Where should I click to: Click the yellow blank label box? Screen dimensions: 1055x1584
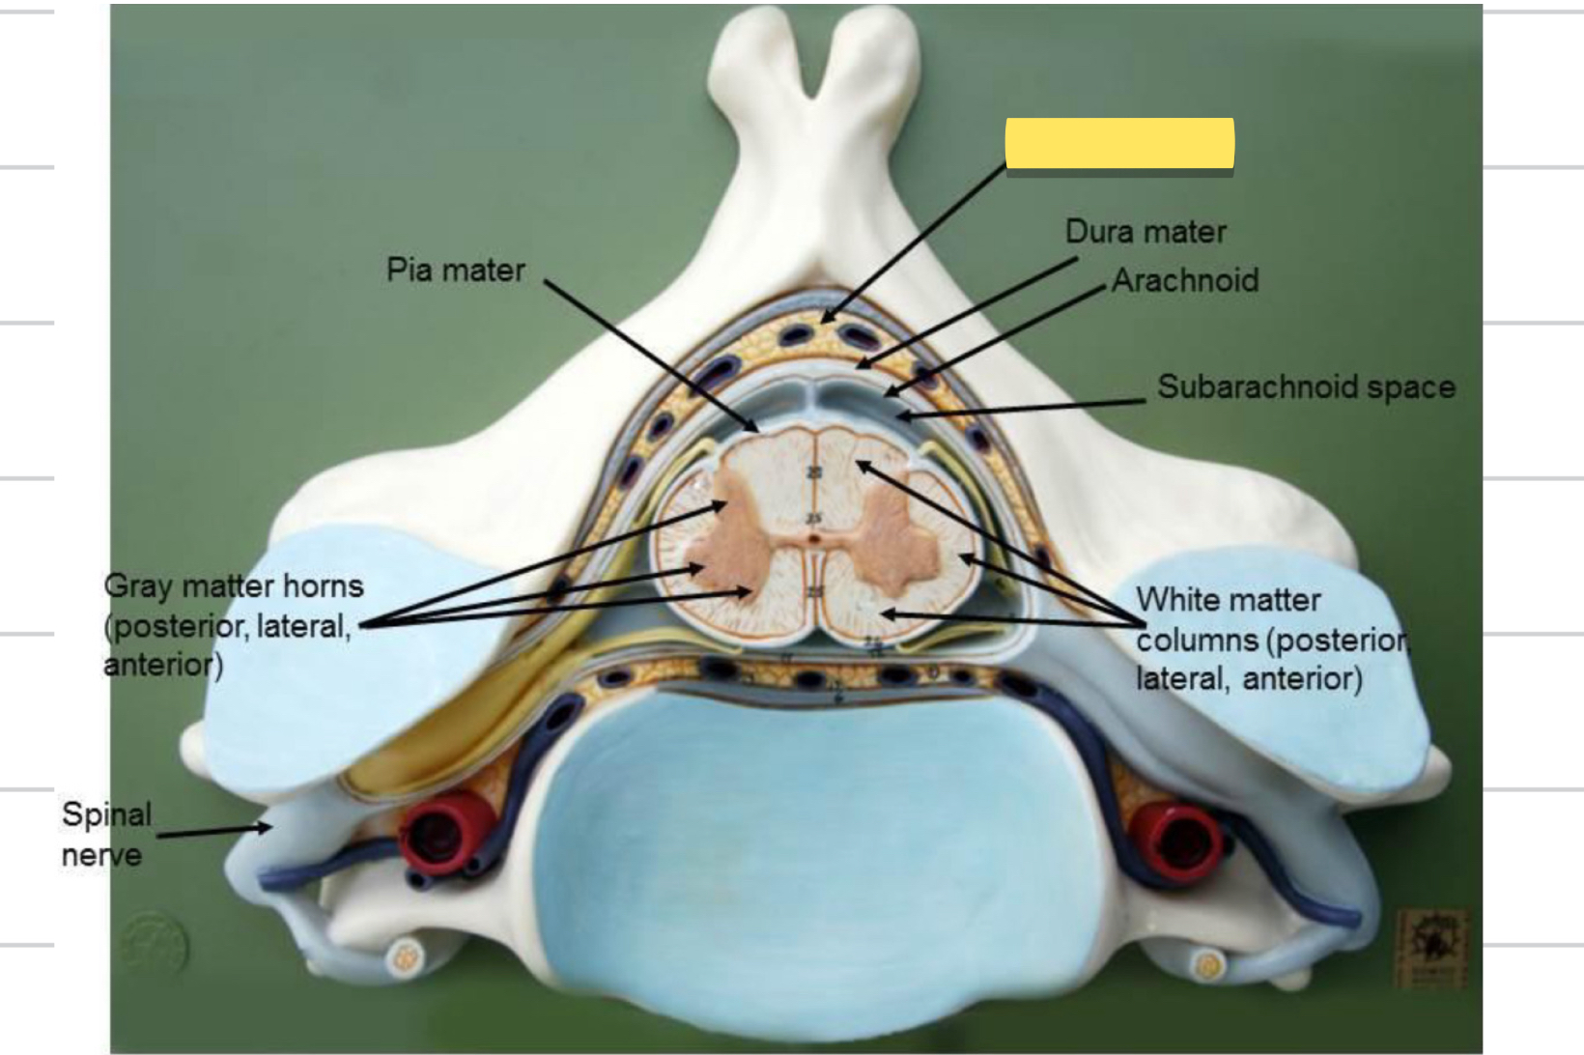pos(1119,143)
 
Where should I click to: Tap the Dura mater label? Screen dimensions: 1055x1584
pos(1146,232)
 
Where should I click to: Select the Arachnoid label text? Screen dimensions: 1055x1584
pos(1185,280)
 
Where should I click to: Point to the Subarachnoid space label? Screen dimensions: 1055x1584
pos(1306,386)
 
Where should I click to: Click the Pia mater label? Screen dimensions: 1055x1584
pos(455,270)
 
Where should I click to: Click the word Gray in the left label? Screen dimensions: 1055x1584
pos(140,585)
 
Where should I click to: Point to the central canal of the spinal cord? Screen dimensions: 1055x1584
pos(815,539)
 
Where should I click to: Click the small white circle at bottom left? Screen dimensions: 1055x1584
pos(406,957)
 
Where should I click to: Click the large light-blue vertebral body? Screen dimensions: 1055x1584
pos(811,850)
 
